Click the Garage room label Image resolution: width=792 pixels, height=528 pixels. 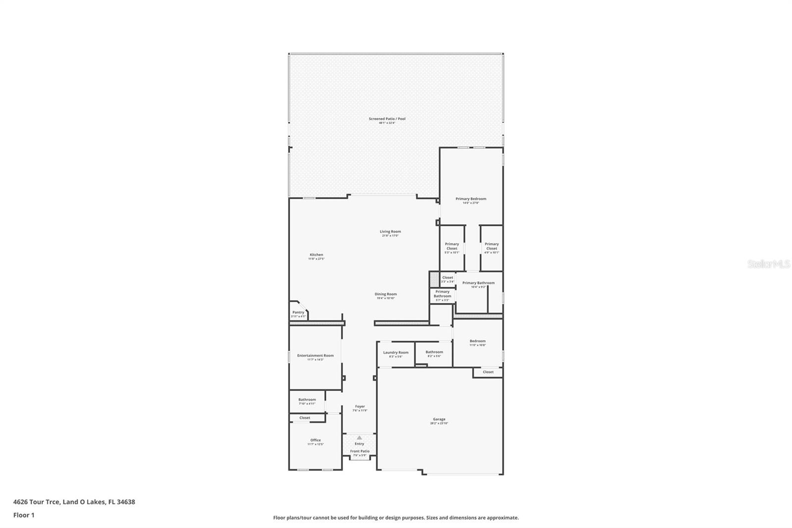click(439, 420)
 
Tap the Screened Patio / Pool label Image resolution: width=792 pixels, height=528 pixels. click(387, 119)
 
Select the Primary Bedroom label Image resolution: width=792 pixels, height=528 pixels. click(471, 199)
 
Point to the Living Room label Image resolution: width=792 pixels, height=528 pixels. click(390, 232)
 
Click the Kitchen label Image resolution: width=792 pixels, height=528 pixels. click(316, 255)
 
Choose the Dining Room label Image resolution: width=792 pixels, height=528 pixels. click(386, 294)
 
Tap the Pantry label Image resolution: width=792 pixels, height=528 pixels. click(298, 313)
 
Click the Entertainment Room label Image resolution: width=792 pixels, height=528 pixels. click(315, 356)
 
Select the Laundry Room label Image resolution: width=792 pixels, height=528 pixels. click(396, 353)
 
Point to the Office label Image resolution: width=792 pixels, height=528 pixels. click(315, 440)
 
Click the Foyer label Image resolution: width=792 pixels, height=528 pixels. click(360, 407)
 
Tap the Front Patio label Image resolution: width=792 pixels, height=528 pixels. click(360, 451)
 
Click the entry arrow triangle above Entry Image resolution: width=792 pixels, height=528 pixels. click(359, 438)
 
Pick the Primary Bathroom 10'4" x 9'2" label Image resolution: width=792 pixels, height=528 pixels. click(478, 283)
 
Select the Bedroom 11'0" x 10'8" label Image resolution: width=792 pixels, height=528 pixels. click(478, 341)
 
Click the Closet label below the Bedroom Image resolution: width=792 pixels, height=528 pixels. click(488, 372)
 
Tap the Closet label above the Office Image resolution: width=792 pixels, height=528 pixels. click(305, 418)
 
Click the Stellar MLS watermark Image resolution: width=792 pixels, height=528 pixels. click(768, 264)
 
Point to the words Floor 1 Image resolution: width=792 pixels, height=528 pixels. click(24, 515)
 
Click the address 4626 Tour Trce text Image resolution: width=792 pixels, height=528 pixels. click(37, 502)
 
